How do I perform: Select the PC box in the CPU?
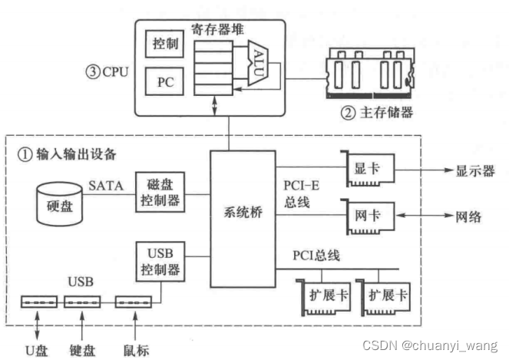point(166,81)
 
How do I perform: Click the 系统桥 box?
point(246,213)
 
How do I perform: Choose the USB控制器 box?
point(158,261)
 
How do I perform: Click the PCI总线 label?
point(320,255)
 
